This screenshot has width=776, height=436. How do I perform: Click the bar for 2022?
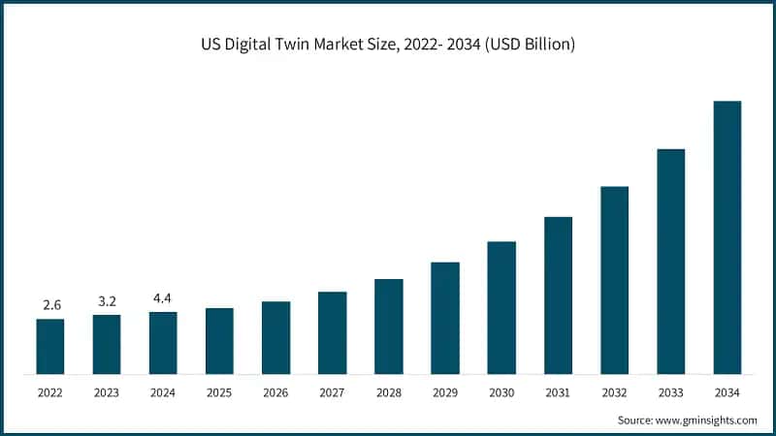pyautogui.click(x=50, y=346)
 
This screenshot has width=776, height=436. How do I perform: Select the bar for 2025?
pyautogui.click(x=219, y=341)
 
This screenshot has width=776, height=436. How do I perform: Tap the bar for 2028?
pyautogui.click(x=388, y=327)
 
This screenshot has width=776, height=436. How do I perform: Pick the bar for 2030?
pyautogui.click(x=501, y=307)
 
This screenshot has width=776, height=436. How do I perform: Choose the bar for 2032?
pyautogui.click(x=614, y=280)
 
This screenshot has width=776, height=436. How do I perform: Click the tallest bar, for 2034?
pyautogui.click(x=727, y=237)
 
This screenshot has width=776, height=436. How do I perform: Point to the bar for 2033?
pyautogui.click(x=670, y=262)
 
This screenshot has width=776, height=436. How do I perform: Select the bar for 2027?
pyautogui.click(x=332, y=332)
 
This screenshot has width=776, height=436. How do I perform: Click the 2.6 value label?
pyautogui.click(x=51, y=305)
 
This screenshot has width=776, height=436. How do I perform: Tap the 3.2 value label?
pyautogui.click(x=107, y=301)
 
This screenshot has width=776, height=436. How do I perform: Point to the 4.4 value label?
pyautogui.click(x=163, y=298)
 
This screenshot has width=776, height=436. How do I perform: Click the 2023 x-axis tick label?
pyautogui.click(x=107, y=392)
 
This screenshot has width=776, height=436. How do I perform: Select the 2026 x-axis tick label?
pyautogui.click(x=275, y=392)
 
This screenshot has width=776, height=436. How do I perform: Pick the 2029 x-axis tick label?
pyautogui.click(x=444, y=392)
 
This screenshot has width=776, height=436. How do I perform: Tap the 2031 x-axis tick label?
pyautogui.click(x=558, y=392)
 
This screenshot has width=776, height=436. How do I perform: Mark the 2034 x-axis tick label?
pyautogui.click(x=727, y=392)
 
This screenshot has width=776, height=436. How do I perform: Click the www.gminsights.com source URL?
pyautogui.click(x=708, y=420)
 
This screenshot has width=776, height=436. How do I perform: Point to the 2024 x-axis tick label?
pyautogui.click(x=163, y=392)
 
